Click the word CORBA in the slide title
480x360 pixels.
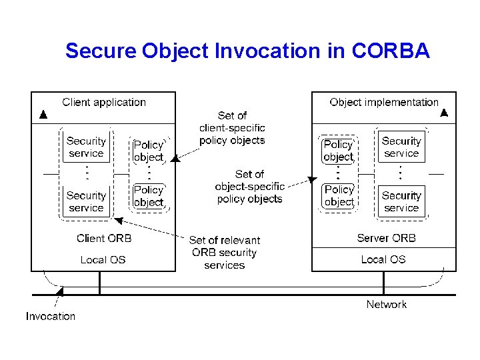coord(390,51)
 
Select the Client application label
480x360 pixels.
coord(104,102)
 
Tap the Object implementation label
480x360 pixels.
coord(384,102)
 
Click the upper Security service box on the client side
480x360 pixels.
coord(86,147)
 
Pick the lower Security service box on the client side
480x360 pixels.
coord(86,201)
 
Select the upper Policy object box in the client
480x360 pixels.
coord(148,151)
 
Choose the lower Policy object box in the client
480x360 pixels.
coord(148,196)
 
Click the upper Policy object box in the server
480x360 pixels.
coord(339,151)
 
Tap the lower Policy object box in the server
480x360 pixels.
coord(339,196)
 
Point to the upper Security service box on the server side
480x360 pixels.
coord(401,147)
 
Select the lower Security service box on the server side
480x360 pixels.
coord(401,201)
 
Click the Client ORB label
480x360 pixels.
coord(104,238)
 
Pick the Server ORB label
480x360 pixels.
coord(386,238)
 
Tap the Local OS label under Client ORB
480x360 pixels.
coord(103,259)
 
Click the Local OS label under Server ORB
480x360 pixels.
coord(383,259)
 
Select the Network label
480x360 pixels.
coord(386,304)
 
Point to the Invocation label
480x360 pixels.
coord(51,316)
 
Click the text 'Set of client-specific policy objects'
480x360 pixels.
coord(232,128)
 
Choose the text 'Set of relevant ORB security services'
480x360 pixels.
coord(225,253)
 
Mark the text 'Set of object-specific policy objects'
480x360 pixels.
coord(249,187)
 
